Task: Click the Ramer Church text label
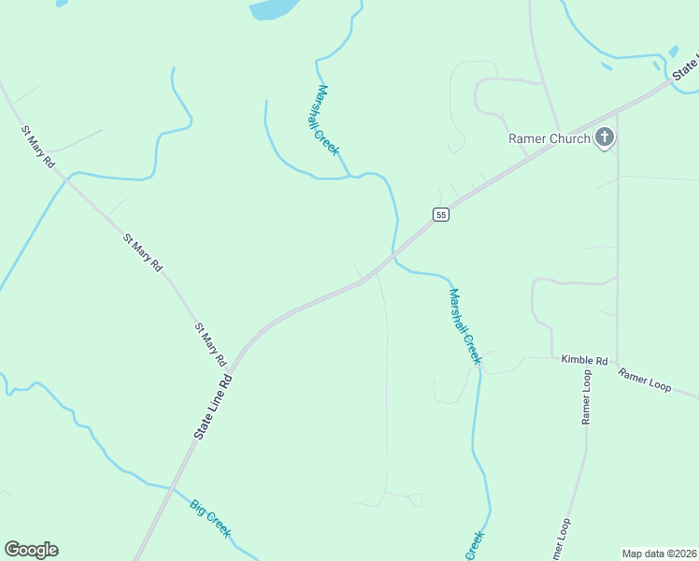[549, 139]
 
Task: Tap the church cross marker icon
[605, 138]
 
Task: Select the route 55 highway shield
[441, 214]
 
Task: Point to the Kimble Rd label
[585, 360]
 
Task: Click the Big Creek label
[210, 519]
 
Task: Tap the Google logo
[31, 550]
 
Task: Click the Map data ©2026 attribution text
[658, 554]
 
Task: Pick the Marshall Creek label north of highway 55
[326, 120]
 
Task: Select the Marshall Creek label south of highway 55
[464, 325]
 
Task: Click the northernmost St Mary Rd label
[38, 146]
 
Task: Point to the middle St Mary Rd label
[143, 252]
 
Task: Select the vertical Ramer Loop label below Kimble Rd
[587, 396]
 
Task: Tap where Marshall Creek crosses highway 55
[394, 252]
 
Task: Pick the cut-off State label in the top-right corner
[687, 66]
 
